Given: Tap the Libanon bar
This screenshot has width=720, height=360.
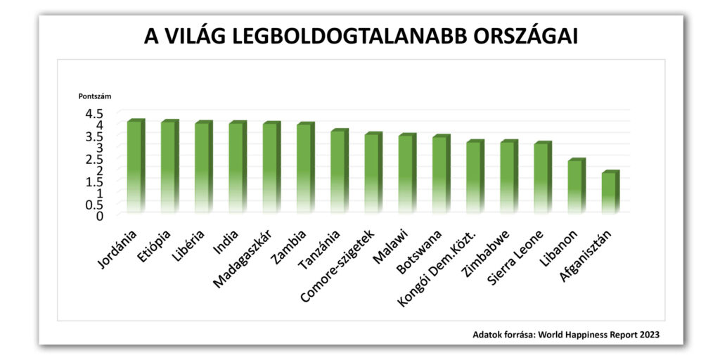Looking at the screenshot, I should (x=576, y=186).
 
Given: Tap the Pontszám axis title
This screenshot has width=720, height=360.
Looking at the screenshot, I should (x=94, y=96).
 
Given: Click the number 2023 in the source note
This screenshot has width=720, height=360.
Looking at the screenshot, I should (x=648, y=335).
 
